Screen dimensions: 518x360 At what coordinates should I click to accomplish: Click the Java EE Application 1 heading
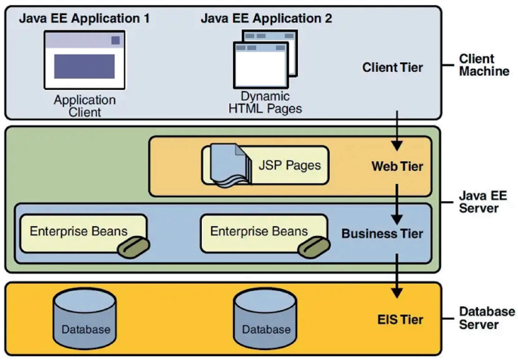click(84, 18)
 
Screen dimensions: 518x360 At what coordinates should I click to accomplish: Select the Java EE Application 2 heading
click(266, 18)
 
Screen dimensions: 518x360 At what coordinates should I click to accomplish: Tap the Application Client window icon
click(85, 60)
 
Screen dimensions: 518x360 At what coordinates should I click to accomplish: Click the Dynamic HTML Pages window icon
click(265, 60)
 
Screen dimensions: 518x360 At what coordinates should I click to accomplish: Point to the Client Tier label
click(392, 67)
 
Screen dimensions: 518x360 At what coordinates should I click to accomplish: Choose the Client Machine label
click(484, 65)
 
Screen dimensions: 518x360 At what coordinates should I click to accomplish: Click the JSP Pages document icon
click(230, 166)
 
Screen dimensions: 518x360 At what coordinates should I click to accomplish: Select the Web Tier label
click(397, 166)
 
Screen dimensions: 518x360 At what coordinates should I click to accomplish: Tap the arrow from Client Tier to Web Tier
click(397, 131)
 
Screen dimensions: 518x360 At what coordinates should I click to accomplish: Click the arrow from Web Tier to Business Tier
click(397, 204)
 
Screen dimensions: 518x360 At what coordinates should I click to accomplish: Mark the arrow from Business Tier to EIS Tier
click(397, 276)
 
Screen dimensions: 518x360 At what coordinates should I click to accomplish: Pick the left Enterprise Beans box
click(83, 234)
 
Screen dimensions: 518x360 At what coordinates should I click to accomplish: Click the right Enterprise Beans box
click(264, 234)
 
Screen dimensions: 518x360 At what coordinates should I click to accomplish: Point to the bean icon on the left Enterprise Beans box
click(134, 247)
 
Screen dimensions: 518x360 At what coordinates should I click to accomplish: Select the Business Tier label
click(382, 234)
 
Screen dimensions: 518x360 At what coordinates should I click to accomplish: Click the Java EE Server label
click(482, 202)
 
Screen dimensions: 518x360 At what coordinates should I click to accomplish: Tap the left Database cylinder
click(85, 319)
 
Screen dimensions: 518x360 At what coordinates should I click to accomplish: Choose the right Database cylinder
click(265, 319)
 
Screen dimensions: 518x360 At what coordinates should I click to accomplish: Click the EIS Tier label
click(400, 320)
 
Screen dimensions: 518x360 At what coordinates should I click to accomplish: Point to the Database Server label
click(487, 318)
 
